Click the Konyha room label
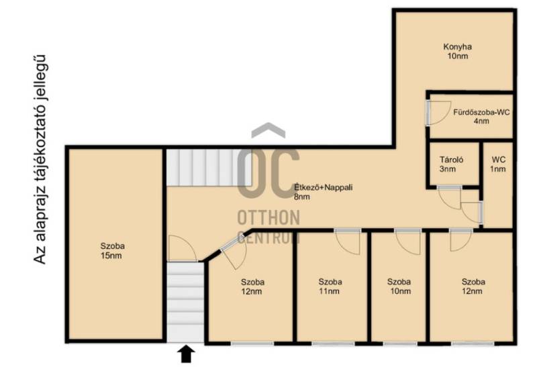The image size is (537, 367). pyautogui.click(x=458, y=52)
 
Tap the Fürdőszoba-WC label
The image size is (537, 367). pyautogui.click(x=481, y=116)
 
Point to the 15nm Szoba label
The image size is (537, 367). pyautogui.click(x=112, y=251)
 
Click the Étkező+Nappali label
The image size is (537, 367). pyautogui.click(x=324, y=192)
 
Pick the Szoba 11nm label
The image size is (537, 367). pyautogui.click(x=330, y=286)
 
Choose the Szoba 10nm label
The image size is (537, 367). pyautogui.click(x=399, y=286)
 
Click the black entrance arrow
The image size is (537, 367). pyautogui.click(x=186, y=354)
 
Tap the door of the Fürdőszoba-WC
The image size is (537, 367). pyautogui.click(x=438, y=112)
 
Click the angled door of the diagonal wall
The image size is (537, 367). pyautogui.click(x=234, y=253)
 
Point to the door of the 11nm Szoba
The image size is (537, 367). pyautogui.click(x=348, y=242)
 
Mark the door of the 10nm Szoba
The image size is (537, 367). pyautogui.click(x=407, y=242)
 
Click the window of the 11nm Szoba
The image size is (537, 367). pyautogui.click(x=333, y=344)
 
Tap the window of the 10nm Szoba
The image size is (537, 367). pyautogui.click(x=400, y=344)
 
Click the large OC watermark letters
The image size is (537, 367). pyautogui.click(x=268, y=173)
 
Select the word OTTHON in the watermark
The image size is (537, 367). pyautogui.click(x=268, y=217)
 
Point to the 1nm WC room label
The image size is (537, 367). pyautogui.click(x=498, y=164)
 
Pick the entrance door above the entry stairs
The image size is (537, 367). pyautogui.click(x=182, y=248)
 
